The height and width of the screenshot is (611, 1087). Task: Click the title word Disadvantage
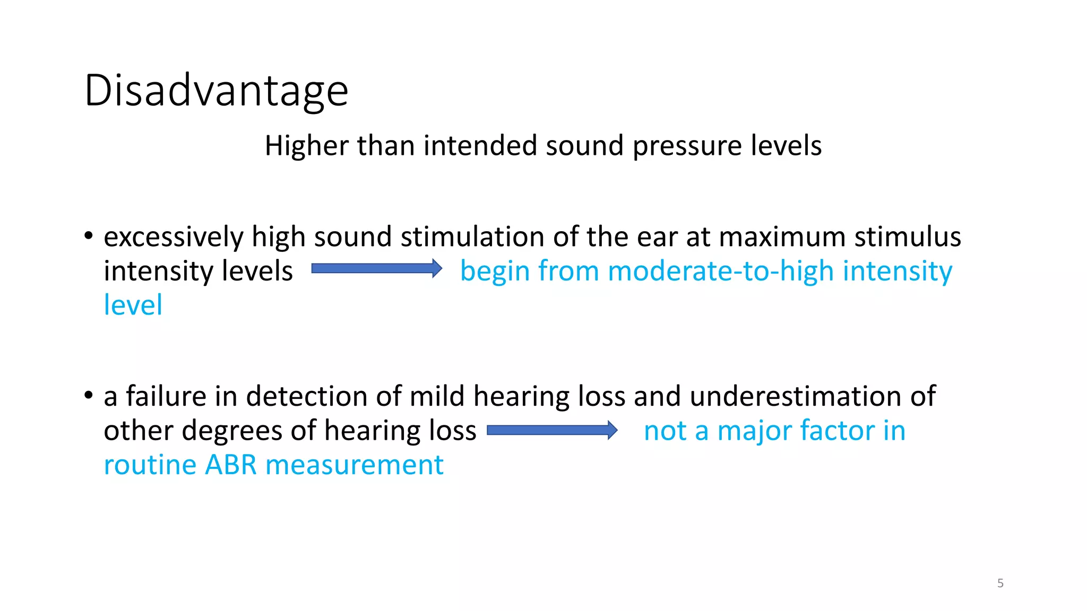pos(216,91)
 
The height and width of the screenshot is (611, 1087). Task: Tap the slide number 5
pos(1000,583)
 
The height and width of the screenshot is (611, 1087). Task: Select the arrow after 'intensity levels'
pos(376,268)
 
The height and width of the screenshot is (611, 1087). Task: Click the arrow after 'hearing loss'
pos(552,430)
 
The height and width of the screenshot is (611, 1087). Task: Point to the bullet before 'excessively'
pos(89,235)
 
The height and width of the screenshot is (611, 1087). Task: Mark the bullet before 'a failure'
pos(89,395)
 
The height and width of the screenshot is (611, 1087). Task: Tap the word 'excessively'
pos(173,237)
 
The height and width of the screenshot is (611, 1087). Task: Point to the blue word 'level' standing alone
pos(133,305)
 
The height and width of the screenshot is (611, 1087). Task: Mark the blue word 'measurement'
pos(354,465)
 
